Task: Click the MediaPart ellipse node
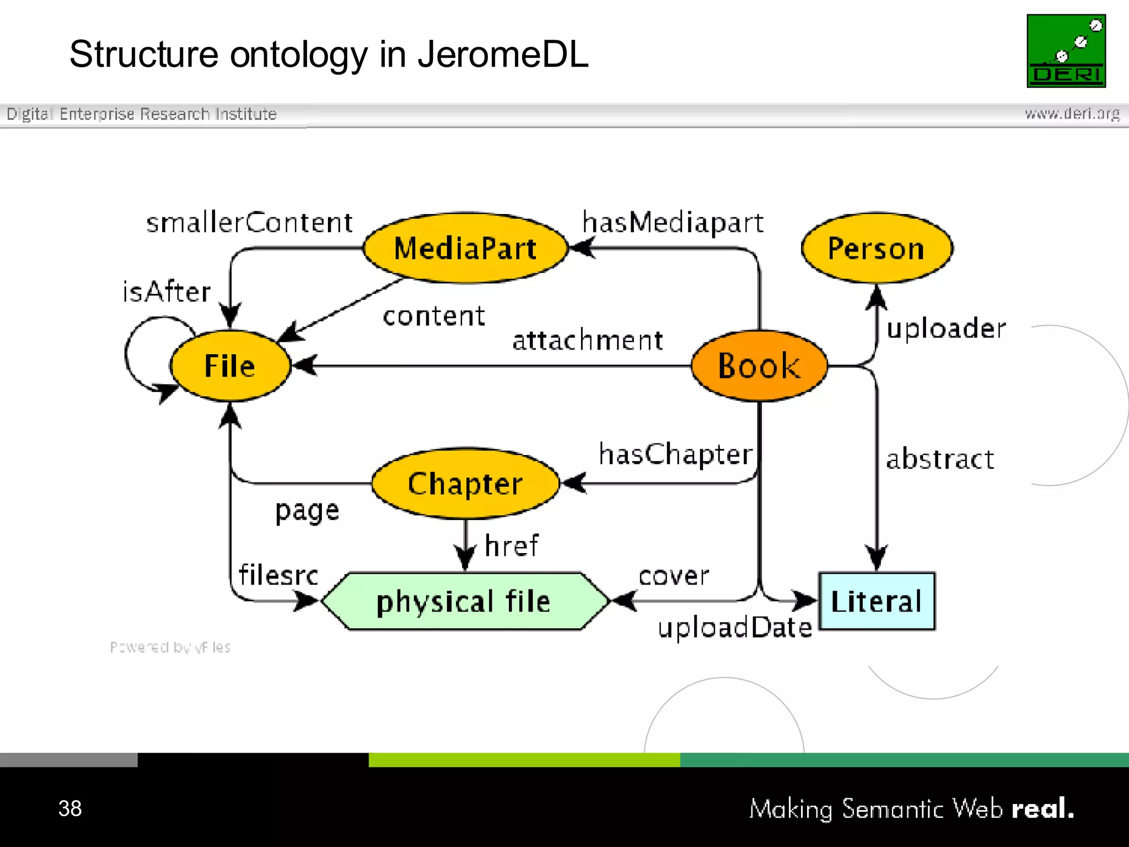pos(465,248)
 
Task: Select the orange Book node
pos(759,366)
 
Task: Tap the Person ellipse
pos(877,248)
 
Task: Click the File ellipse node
pos(230,366)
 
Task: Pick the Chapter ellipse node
pos(465,484)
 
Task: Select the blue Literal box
pos(877,601)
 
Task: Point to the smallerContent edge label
pos(249,223)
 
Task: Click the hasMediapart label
pos(673,223)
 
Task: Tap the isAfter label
pos(166,291)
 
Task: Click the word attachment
pos(588,340)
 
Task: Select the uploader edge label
pos(946,329)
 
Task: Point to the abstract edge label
pos(940,459)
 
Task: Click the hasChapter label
pos(676,454)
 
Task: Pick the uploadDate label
pos(735,628)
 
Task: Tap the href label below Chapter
pos(512,546)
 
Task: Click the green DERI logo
pos(1066,51)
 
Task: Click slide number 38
pos(70,808)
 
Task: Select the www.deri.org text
pos(1072,114)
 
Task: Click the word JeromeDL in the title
pos(503,55)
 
